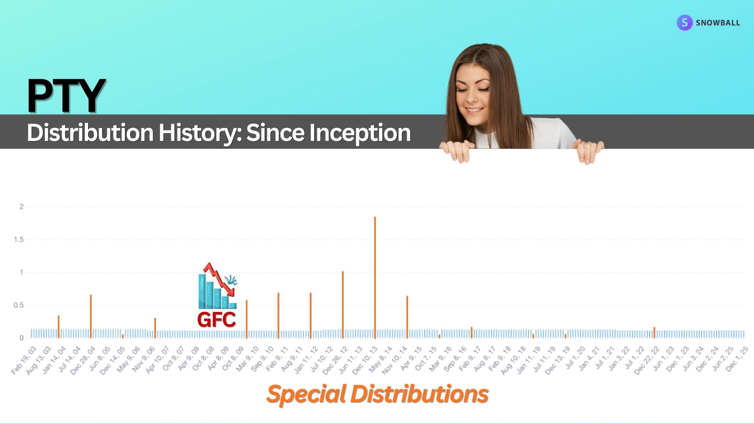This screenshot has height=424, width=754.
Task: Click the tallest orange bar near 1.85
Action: click(375, 277)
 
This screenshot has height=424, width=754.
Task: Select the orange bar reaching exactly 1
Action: click(343, 305)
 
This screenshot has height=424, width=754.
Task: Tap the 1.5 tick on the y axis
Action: click(19, 239)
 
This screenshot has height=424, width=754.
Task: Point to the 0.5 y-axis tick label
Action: click(19, 305)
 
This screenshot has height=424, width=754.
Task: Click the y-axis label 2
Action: click(22, 207)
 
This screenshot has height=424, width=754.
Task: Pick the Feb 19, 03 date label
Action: click(24, 360)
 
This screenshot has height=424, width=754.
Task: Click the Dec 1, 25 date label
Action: click(737, 359)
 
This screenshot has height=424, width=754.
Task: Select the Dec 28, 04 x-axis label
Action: click(83, 360)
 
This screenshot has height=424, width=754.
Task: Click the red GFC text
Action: click(216, 320)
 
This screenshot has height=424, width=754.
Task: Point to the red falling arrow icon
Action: click(219, 280)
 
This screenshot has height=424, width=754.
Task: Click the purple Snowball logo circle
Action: click(684, 23)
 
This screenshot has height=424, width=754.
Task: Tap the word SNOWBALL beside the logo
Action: click(718, 23)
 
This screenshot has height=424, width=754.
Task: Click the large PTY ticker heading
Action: click(66, 95)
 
